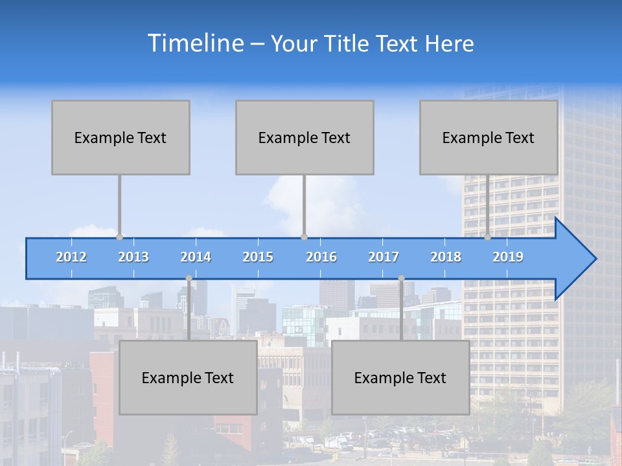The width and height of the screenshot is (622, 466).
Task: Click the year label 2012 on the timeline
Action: click(x=71, y=257)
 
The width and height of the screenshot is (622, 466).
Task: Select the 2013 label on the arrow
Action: click(x=133, y=257)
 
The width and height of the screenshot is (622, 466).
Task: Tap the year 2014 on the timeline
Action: click(x=196, y=257)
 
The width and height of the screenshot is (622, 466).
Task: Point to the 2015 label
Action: click(x=258, y=257)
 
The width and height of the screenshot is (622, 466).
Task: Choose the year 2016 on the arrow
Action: click(x=321, y=257)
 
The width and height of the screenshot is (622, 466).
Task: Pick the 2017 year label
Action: click(x=384, y=257)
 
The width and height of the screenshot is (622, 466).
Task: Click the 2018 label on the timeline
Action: click(x=446, y=257)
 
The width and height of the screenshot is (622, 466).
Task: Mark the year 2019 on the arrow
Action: click(x=508, y=257)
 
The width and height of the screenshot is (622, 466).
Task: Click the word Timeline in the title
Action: click(x=195, y=43)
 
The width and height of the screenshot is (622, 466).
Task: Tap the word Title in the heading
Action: click(x=350, y=44)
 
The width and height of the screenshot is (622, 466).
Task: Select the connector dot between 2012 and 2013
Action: click(x=119, y=237)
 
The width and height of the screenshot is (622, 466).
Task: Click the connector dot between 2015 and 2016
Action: click(x=304, y=237)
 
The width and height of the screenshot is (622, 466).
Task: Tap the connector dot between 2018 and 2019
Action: click(x=487, y=237)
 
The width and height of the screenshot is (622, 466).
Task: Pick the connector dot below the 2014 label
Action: click(x=189, y=278)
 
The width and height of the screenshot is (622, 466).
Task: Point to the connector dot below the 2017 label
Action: click(x=401, y=278)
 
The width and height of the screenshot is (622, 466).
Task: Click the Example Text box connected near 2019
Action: click(x=489, y=137)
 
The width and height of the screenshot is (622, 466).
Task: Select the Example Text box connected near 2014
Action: click(x=188, y=377)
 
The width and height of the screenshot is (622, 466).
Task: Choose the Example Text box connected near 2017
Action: click(x=400, y=377)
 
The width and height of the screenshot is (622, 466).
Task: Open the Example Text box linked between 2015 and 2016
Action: click(x=305, y=137)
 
